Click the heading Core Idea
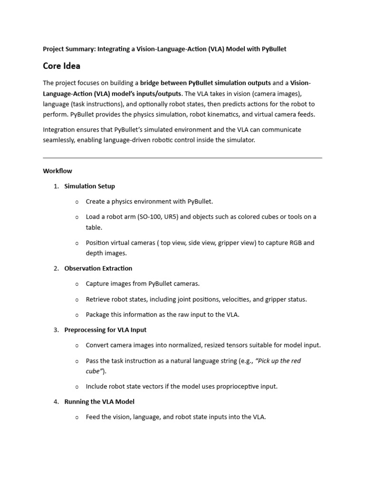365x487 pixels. click(61, 66)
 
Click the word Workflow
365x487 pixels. click(58, 171)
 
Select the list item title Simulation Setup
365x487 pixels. click(89, 186)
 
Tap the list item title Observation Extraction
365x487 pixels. click(98, 268)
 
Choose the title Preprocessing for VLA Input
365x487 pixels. click(105, 330)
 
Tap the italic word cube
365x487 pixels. click(92, 371)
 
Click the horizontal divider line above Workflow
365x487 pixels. click(182, 157)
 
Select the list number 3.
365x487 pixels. click(56, 330)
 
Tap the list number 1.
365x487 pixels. click(56, 186)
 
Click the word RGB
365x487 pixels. click(295, 243)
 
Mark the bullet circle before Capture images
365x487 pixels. click(77, 284)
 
